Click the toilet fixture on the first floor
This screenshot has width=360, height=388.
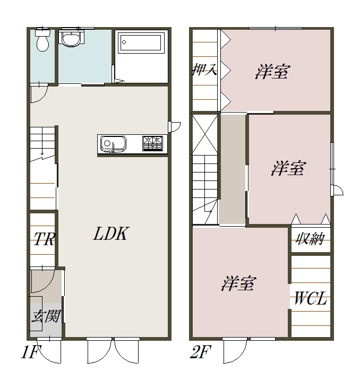click(42, 40)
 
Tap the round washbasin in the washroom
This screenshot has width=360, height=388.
click(71, 38)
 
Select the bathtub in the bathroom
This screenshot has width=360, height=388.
click(141, 42)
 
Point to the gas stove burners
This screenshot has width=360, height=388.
click(153, 143)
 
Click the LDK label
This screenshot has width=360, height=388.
click(110, 233)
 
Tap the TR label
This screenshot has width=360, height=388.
click(44, 239)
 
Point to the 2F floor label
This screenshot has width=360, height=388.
click(200, 352)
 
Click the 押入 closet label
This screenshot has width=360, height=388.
click(205, 70)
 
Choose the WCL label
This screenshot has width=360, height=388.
click(310, 298)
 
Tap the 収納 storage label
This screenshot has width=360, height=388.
click(310, 238)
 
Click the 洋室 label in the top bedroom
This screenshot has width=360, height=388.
click(271, 72)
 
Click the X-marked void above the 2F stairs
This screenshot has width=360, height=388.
click(205, 134)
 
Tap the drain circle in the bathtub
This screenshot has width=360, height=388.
click(124, 42)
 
